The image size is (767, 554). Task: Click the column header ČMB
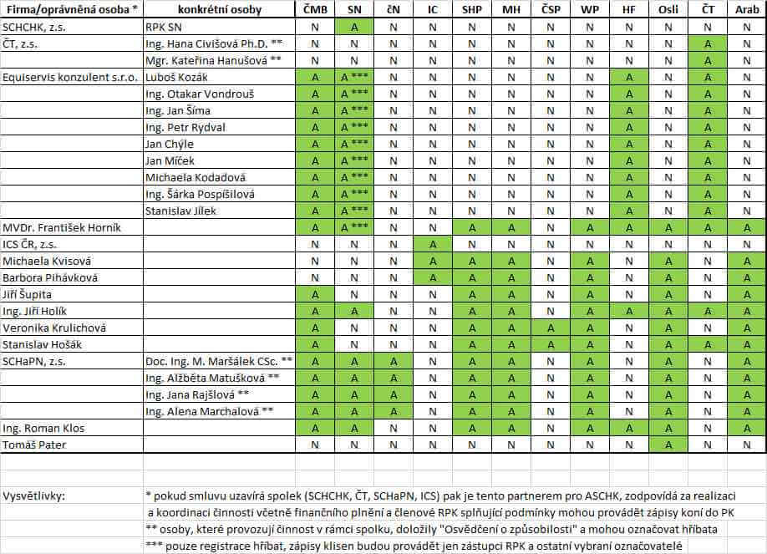(315, 10)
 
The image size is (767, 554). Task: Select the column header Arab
(746, 10)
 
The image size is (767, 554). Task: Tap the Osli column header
(668, 10)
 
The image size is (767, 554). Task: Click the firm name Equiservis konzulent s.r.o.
(70, 77)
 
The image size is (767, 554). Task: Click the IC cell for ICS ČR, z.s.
(432, 244)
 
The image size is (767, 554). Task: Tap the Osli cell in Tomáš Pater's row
(668, 445)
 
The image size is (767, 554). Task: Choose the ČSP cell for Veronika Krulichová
(550, 328)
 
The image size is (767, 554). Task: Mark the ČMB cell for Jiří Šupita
(315, 294)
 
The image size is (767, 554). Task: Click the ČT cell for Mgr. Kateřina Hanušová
(707, 60)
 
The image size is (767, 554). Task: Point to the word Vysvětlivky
(34, 496)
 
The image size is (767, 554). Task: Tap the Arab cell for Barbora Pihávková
(746, 277)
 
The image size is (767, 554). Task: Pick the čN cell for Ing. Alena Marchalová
(393, 411)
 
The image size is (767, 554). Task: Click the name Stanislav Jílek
(180, 211)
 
